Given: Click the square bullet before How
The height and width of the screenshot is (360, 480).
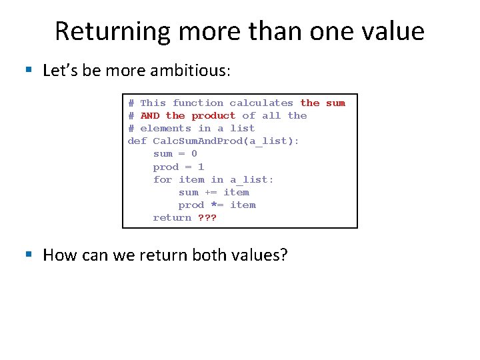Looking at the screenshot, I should click(x=28, y=255).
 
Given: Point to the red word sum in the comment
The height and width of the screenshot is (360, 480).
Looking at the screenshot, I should click(x=335, y=103).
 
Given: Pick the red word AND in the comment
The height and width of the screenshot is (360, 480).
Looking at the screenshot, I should click(x=150, y=115).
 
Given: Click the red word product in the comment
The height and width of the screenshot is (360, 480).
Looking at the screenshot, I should click(x=213, y=115).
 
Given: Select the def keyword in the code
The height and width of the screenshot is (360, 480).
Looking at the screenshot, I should click(x=137, y=141).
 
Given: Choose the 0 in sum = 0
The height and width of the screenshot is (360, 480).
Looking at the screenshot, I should click(x=194, y=153).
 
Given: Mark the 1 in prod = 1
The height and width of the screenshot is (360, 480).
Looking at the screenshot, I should click(x=201, y=167).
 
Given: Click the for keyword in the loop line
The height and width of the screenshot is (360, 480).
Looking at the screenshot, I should click(x=163, y=179).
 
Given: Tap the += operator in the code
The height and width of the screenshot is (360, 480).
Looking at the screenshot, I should click(x=211, y=192).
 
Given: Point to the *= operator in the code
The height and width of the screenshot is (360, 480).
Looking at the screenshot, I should click(x=217, y=205).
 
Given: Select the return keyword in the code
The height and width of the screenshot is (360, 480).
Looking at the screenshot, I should click(x=172, y=217).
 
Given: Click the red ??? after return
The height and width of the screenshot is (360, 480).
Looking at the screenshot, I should click(x=207, y=217).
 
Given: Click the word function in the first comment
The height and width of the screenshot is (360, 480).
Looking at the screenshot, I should click(x=198, y=103).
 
